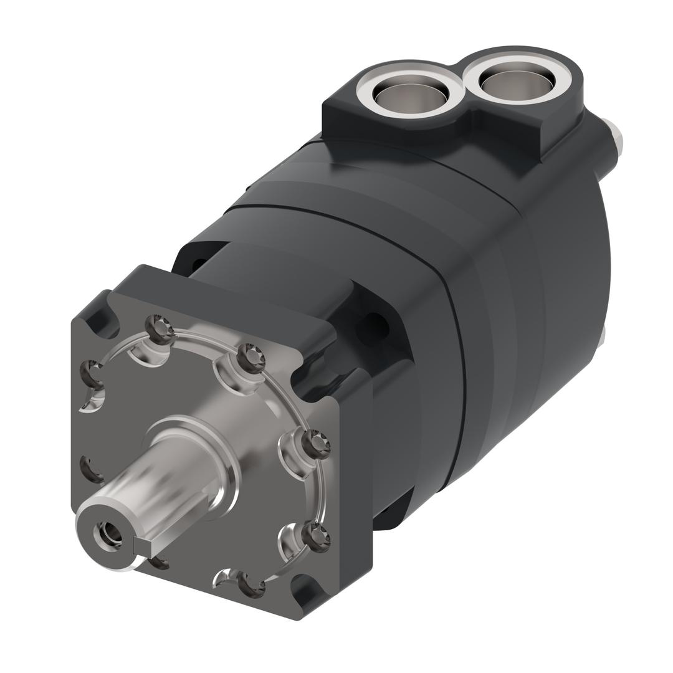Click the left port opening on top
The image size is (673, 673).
[x=410, y=93]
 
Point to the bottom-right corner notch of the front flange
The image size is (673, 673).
[x=308, y=592]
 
